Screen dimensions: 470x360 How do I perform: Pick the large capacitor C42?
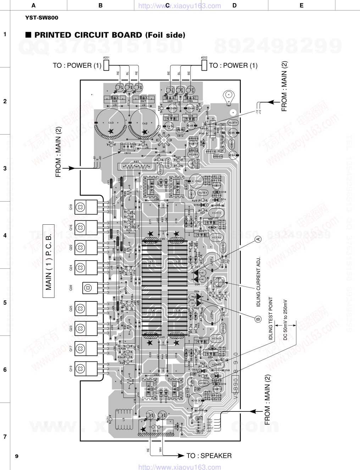145,124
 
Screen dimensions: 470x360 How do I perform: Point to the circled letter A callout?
258,239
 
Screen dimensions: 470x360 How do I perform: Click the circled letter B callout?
258,319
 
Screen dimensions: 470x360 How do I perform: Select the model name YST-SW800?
41,17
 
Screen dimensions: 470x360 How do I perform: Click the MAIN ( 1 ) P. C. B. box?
49,261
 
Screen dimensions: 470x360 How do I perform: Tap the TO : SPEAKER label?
209,455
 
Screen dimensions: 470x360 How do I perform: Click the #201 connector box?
106,65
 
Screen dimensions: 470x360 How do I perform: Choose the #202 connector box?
204,65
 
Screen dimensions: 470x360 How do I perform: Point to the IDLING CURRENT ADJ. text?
259,282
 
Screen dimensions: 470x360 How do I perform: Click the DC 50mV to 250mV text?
285,319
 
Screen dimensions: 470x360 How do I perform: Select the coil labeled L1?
152,261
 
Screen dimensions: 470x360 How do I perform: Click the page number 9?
17,456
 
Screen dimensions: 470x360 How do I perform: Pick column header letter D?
234,5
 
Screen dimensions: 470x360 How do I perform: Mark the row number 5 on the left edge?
5,302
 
